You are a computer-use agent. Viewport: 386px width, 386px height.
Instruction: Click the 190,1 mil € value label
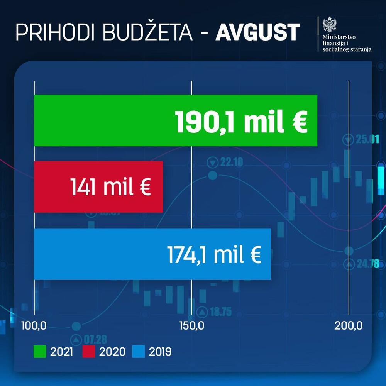(242, 121)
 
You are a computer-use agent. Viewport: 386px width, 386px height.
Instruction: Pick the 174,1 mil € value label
(214, 254)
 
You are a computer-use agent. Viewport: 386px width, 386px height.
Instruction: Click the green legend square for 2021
(40, 352)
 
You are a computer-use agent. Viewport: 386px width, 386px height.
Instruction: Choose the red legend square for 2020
(89, 352)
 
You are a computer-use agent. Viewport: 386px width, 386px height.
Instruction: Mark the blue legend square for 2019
(139, 352)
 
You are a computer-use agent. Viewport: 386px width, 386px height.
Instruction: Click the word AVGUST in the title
(257, 32)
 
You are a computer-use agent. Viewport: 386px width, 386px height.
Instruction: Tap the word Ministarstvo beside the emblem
(340, 37)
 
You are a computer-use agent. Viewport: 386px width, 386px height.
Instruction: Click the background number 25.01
(367, 139)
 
